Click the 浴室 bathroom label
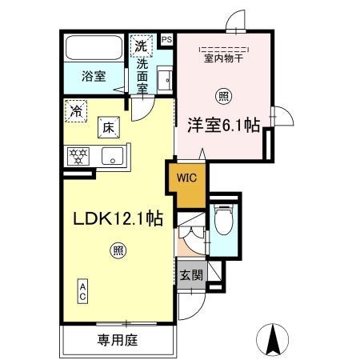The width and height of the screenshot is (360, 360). click(93, 78)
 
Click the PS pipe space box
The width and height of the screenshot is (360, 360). click(166, 38)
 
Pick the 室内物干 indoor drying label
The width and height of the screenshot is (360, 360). click(223, 58)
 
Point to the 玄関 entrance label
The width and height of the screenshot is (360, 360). click(190, 275)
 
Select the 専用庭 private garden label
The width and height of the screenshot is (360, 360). click(118, 340)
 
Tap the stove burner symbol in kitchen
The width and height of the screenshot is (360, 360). click(79, 156)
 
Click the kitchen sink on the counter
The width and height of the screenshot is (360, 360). click(113, 155)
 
